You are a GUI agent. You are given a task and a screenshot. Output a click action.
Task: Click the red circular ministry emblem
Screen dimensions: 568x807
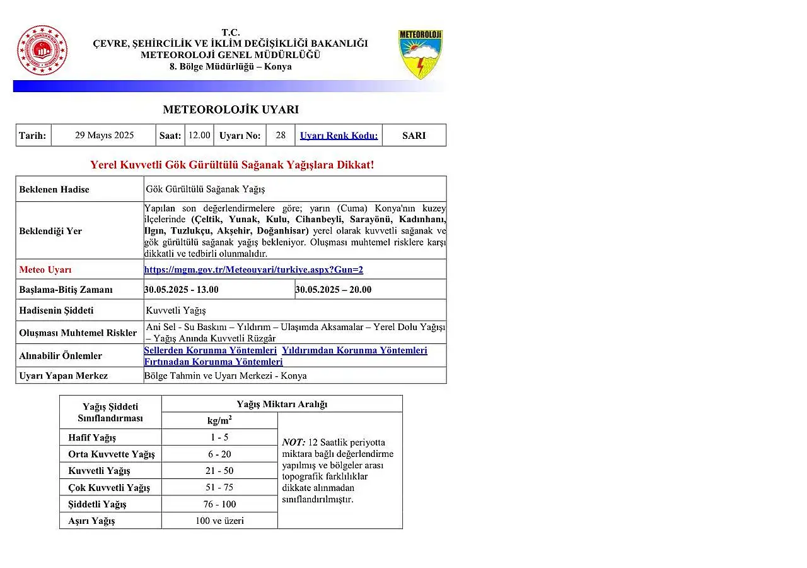tap(42, 51)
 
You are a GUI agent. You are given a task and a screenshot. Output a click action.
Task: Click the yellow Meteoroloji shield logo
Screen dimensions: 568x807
tap(421, 54)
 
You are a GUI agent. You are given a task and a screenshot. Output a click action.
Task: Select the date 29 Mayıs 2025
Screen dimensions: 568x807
tap(104, 135)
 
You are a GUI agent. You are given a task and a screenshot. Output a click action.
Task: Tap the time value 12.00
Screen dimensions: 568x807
tap(199, 135)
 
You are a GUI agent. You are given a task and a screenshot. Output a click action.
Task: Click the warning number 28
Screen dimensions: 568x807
tap(281, 135)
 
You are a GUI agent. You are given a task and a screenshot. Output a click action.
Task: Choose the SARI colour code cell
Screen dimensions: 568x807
tap(414, 135)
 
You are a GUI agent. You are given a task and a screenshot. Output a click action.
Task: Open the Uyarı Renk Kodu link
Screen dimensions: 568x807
tap(339, 136)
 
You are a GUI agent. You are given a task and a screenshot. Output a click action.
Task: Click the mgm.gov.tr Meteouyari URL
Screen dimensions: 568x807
tap(253, 269)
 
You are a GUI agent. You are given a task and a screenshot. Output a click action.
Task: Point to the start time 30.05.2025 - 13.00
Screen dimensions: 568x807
tap(182, 290)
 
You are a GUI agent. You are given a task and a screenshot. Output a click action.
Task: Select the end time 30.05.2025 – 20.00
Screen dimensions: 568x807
tap(334, 290)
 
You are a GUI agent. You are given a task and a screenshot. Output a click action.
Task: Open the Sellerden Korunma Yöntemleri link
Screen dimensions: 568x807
tap(210, 350)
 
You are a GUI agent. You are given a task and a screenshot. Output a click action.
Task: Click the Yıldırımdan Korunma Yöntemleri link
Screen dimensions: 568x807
tap(354, 350)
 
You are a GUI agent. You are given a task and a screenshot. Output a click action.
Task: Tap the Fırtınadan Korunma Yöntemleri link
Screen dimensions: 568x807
tap(213, 362)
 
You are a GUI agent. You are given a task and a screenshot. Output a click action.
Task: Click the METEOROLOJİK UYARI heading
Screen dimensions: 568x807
tap(231, 109)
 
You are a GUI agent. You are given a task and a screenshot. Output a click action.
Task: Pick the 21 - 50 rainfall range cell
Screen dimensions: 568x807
tap(219, 471)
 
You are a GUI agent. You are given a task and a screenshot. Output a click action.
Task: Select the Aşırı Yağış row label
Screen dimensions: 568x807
tap(92, 521)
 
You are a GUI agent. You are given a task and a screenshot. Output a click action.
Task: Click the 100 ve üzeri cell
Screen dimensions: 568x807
tap(219, 521)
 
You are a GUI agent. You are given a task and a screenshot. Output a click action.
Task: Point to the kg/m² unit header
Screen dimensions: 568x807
tap(219, 420)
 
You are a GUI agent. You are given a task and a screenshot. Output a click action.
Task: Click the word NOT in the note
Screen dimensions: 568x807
tap(293, 442)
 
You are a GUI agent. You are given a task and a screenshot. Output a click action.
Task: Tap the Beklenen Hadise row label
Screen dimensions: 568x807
tap(54, 189)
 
